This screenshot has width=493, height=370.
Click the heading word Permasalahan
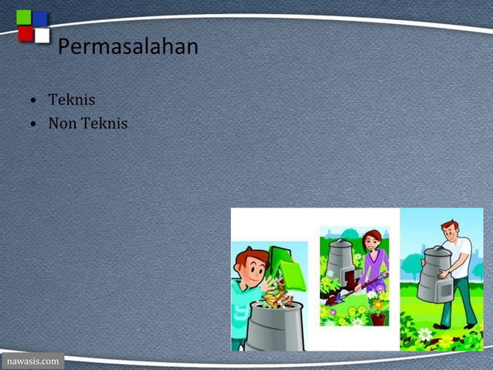click(128, 47)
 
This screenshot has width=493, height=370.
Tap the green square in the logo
click(23, 17)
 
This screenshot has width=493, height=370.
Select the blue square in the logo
click(40, 18)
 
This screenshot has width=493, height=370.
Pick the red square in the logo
click(25, 34)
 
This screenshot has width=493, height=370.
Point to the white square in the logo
click(42, 35)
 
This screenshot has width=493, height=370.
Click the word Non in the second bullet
click(62, 123)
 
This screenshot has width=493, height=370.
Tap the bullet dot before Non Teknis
click(34, 124)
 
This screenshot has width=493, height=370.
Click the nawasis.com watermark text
click(32, 361)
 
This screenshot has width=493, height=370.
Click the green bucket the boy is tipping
click(285, 268)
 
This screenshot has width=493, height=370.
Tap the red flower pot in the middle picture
click(378, 317)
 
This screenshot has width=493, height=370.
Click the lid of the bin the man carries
click(433, 252)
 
